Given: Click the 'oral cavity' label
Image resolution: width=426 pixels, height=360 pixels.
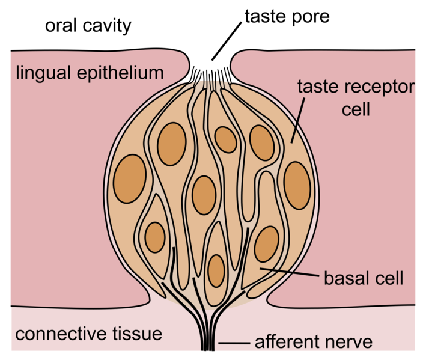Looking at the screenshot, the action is click(88, 26).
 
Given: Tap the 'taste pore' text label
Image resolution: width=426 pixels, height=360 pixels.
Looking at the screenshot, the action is click(287, 17).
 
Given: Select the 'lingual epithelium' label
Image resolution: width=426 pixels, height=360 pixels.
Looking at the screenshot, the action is click(90, 73).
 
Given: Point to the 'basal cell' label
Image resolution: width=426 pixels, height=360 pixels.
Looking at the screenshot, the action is click(364, 278).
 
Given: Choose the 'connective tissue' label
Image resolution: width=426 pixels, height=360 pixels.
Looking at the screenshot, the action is click(88, 334).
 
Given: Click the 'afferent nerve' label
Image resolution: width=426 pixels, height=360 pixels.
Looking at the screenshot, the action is click(314, 342).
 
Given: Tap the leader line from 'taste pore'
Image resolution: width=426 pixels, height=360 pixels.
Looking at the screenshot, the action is click(227, 41).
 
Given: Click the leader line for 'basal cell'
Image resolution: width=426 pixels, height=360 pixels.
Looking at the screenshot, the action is click(289, 272).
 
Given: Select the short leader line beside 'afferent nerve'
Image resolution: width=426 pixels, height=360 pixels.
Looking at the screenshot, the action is click(234, 343).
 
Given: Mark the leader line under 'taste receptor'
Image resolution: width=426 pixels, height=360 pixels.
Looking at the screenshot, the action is click(298, 120).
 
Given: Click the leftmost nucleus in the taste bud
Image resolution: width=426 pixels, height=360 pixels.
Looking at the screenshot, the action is click(130, 178).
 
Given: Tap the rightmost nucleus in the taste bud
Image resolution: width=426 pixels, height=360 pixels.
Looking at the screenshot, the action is click(297, 186).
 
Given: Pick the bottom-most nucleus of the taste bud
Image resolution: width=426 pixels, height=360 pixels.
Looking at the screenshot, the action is click(216, 271).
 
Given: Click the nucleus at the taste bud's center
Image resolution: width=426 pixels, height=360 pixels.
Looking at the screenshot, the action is click(204, 195).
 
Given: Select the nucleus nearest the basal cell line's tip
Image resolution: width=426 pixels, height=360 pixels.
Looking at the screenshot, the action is click(267, 244).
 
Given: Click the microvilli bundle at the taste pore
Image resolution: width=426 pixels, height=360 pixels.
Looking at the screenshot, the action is click(211, 78).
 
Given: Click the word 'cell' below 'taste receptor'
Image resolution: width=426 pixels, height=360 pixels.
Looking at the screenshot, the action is click(356, 109).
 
